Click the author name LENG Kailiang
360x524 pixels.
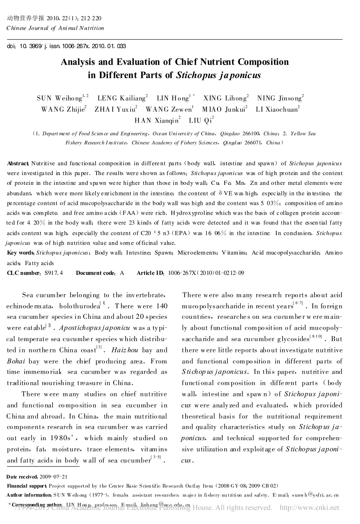122,98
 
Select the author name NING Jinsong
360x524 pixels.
280,98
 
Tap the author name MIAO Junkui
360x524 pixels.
224,110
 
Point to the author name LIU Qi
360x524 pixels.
201,121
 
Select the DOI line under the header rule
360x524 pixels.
67,46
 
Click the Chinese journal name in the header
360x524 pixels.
26,18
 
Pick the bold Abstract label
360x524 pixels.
18,164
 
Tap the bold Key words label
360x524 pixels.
20,253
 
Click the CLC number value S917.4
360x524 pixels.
54,273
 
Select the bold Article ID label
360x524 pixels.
151,273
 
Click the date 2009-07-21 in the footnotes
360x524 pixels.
53,477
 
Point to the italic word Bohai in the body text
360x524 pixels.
16,361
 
